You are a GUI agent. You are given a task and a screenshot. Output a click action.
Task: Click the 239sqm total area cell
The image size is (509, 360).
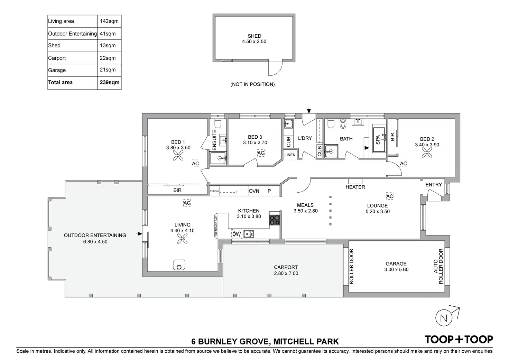(109, 82)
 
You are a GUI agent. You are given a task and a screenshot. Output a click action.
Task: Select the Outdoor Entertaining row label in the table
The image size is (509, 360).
(72, 34)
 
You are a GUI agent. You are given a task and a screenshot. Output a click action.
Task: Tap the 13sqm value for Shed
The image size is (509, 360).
(108, 45)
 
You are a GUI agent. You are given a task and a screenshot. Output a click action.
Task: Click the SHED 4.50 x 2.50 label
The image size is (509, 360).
(254, 39)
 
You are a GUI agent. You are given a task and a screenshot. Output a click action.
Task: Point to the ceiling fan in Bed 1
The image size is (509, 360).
(178, 156)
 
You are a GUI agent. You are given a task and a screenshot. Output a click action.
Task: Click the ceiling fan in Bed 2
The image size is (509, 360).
(427, 153)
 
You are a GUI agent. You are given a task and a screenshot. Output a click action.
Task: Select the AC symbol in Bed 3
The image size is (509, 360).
(261, 153)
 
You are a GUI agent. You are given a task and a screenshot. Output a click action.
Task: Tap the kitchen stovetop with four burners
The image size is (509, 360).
(275, 220)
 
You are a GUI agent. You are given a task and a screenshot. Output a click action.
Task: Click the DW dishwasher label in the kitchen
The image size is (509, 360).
(236, 234)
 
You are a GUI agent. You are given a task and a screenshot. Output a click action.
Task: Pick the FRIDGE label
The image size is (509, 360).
(214, 191)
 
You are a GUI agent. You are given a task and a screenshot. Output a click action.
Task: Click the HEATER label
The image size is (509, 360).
(355, 187)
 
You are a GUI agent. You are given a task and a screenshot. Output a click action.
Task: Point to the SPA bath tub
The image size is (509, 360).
(379, 140)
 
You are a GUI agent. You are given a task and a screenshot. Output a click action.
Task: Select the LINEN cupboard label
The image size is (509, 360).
(290, 155)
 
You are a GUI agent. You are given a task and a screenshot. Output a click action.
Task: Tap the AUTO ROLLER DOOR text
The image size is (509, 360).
(438, 266)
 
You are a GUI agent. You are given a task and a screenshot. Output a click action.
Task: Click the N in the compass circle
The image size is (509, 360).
(444, 318)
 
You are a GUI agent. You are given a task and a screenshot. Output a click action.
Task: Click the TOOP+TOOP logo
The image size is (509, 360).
(459, 340)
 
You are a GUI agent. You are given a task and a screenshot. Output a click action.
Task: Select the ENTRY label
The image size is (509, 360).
(434, 185)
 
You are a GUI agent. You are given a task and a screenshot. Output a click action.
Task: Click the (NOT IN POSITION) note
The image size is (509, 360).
(252, 84)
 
